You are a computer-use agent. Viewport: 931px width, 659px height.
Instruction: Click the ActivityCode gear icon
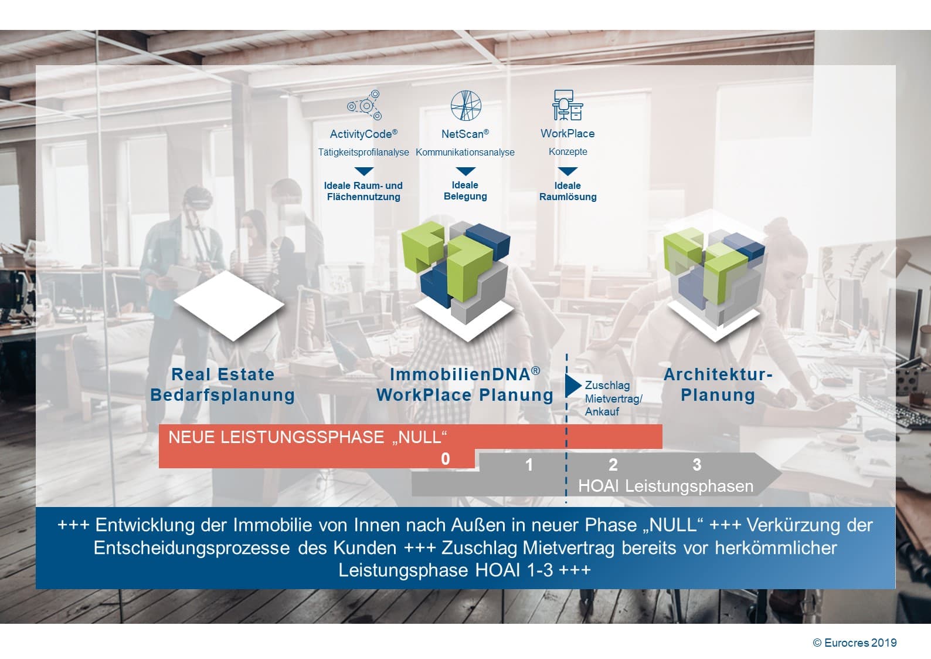[365, 105]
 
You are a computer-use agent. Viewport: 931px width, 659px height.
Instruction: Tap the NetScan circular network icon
[465, 106]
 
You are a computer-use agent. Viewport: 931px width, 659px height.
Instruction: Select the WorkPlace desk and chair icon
[568, 105]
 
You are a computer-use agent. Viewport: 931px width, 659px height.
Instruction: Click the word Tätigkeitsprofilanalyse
[363, 152]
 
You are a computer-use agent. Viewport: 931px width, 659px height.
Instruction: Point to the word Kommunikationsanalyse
[465, 152]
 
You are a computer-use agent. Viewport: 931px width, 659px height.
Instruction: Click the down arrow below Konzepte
[568, 171]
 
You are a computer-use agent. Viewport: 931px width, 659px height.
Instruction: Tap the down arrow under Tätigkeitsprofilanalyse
[364, 171]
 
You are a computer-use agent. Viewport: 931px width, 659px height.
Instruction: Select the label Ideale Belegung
[465, 191]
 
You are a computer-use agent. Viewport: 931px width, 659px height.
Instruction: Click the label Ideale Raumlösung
[568, 191]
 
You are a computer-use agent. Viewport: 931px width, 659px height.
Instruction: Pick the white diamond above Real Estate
[230, 306]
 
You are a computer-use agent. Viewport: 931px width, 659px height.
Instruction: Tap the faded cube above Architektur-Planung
[714, 276]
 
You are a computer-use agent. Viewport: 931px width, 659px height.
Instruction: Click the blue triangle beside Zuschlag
[572, 386]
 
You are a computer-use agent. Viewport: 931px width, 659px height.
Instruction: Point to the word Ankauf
[602, 412]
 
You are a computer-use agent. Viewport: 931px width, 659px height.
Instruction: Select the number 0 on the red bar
[445, 459]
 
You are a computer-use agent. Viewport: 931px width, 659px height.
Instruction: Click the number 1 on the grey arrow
[529, 465]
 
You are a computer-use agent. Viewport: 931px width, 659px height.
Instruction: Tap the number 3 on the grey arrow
[697, 465]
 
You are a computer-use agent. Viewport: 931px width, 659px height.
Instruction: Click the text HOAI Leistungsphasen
[666, 486]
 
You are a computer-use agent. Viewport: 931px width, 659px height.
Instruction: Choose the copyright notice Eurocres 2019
[855, 643]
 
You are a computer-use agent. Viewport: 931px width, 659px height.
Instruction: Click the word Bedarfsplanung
[223, 395]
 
